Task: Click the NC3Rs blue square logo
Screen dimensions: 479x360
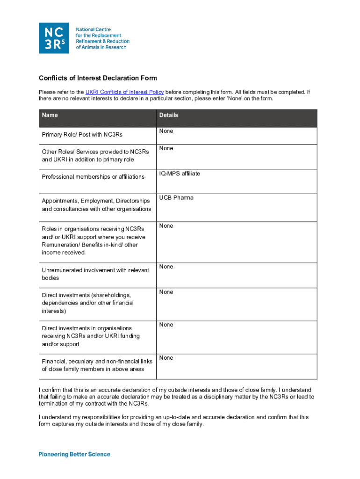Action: click(x=53, y=38)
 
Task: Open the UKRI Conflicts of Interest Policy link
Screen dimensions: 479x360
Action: click(x=124, y=92)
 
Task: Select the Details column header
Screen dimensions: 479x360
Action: click(x=169, y=115)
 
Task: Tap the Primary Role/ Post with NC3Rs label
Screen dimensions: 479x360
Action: click(x=82, y=135)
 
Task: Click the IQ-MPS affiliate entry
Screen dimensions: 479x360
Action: click(x=180, y=174)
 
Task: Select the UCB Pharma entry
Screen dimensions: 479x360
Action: click(x=176, y=198)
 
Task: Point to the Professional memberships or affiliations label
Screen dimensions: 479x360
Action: click(x=93, y=177)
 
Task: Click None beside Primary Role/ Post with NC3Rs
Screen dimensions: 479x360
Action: click(x=166, y=131)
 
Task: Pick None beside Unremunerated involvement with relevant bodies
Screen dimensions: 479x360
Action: click(x=166, y=267)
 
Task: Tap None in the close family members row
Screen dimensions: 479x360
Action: click(x=166, y=358)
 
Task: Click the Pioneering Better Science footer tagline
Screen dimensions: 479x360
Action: click(x=74, y=454)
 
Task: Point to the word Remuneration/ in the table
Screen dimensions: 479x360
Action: click(x=61, y=245)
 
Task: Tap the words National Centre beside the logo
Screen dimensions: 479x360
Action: click(x=94, y=29)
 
